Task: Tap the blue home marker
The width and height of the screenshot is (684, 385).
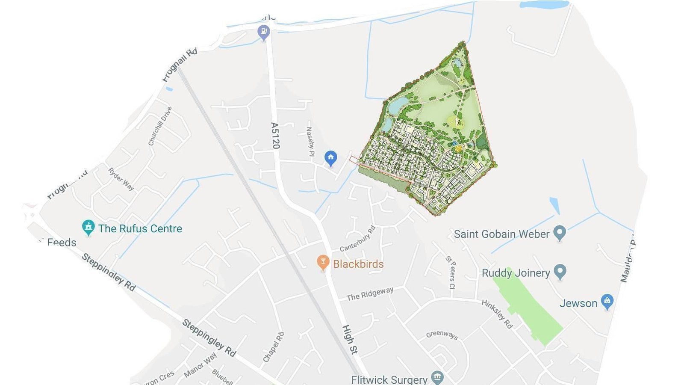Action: point(330,158)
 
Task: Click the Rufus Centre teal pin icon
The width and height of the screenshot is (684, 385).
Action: point(88,228)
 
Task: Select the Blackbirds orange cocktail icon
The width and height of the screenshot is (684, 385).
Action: point(323,263)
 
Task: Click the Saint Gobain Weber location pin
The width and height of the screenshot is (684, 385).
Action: point(560,233)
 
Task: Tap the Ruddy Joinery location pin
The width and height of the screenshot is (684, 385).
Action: point(560,272)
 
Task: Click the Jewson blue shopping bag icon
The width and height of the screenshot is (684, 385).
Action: point(607,302)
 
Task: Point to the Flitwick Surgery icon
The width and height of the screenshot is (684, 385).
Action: point(437,377)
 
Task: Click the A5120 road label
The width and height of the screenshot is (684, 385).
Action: point(275,136)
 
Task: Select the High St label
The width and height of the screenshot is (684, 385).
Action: point(349,339)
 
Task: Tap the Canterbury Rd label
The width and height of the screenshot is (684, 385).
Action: point(357,239)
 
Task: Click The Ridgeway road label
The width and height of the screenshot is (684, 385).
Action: point(370,294)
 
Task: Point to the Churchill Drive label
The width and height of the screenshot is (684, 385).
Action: point(160,126)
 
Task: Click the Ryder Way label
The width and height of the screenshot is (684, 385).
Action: point(121,179)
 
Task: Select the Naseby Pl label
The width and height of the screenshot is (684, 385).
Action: point(310,144)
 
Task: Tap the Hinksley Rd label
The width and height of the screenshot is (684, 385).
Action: point(497,314)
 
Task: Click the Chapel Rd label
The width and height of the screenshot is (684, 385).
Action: point(273,347)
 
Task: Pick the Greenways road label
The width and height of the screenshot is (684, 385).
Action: point(442,335)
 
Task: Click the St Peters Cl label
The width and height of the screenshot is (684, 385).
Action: point(451,272)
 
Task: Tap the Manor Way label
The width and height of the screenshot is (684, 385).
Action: point(200,365)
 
